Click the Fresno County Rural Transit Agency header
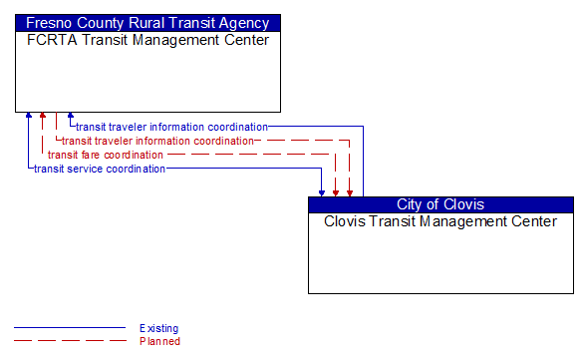click(x=147, y=23)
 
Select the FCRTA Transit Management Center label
click(x=147, y=40)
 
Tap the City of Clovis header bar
click(x=440, y=204)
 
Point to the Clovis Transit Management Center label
click(x=440, y=221)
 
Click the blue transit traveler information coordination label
click(x=172, y=127)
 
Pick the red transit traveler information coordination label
click(x=158, y=141)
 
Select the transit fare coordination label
click(x=106, y=155)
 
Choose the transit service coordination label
click(x=100, y=169)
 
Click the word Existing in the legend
click(x=159, y=328)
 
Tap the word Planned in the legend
click(x=159, y=341)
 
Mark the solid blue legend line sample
click(x=70, y=328)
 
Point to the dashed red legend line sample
click(x=70, y=341)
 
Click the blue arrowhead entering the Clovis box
click(x=322, y=191)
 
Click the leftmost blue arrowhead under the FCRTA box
click(x=29, y=117)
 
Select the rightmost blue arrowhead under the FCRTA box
click(x=71, y=117)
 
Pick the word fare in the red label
click(x=92, y=155)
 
